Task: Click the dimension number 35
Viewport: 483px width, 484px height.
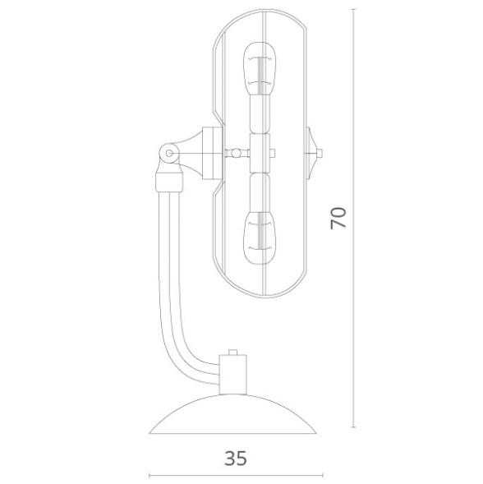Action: [236, 458]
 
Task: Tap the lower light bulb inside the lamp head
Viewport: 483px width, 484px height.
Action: [261, 233]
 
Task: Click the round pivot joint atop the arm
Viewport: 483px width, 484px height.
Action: [168, 152]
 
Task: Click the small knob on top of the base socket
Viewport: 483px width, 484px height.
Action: [234, 352]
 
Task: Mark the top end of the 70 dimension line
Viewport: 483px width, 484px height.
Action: [354, 9]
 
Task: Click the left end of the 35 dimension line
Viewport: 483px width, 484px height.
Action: [149, 475]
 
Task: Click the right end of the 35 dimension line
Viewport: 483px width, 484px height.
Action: [323, 475]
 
